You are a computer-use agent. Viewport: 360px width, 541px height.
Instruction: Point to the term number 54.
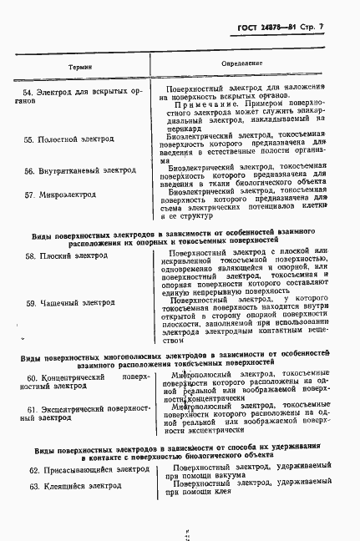click(x=29, y=92)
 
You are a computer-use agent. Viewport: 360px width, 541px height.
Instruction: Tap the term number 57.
click(x=29, y=195)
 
